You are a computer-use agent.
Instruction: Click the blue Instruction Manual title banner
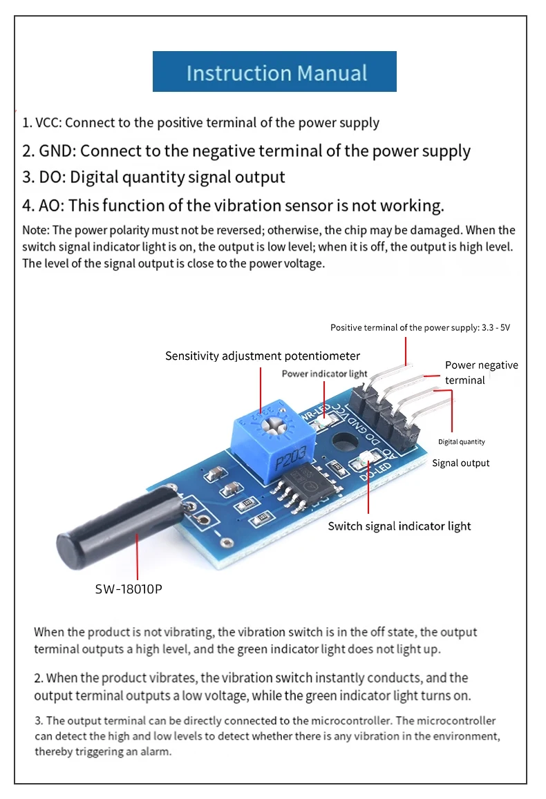coord(274,71)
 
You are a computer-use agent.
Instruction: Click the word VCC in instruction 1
coord(48,123)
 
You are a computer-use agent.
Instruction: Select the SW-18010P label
coord(129,589)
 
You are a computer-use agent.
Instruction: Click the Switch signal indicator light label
coord(399,526)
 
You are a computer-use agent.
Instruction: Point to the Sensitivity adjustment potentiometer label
coord(263,356)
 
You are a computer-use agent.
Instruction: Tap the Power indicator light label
coord(324,374)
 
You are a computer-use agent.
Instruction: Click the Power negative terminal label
coord(481,372)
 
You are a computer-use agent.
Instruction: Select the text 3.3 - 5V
coord(496,327)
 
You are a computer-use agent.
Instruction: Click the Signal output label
coord(461,463)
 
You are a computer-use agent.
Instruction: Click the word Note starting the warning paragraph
coord(35,231)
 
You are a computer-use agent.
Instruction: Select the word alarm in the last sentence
coord(155,751)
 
